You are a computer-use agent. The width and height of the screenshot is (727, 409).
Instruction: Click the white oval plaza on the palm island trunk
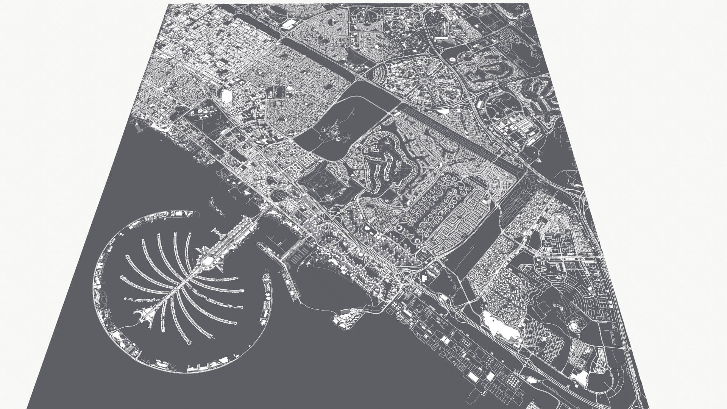tap(208, 261)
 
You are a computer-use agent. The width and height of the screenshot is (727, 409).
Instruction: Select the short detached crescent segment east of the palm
tap(267, 299)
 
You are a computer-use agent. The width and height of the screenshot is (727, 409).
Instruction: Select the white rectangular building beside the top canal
tap(289, 24)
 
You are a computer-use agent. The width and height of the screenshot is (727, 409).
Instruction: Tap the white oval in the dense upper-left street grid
tap(290, 88)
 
